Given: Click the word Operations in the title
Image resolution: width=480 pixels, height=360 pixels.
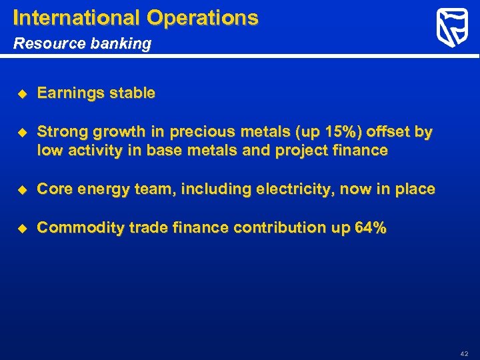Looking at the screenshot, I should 203,17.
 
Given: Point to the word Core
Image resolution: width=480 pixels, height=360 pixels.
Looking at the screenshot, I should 55,190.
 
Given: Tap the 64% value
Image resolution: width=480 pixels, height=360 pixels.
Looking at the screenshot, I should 370,228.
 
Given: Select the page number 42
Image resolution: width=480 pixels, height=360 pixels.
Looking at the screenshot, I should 465,353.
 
